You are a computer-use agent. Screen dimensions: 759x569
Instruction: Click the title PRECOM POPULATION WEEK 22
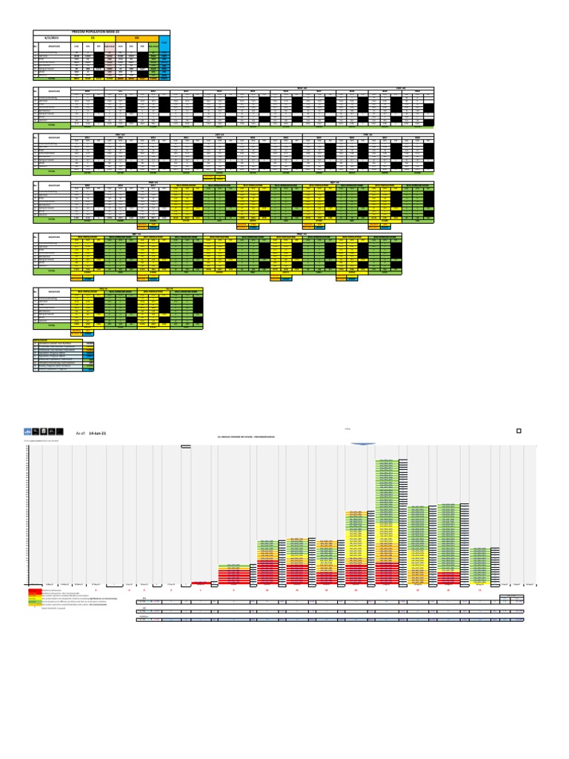pyautogui.click(x=102, y=33)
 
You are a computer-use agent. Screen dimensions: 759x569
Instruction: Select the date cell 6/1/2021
pyautogui.click(x=52, y=39)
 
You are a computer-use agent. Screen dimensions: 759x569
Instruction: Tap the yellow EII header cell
pyautogui.click(x=93, y=39)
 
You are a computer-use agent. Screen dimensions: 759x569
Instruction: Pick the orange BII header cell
pyautogui.click(x=136, y=39)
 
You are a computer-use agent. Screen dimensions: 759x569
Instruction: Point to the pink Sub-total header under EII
pyautogui.click(x=110, y=46)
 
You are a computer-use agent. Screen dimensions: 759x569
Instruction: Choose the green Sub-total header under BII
pyautogui.click(x=153, y=46)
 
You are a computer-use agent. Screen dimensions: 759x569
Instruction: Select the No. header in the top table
pyautogui.click(x=35, y=46)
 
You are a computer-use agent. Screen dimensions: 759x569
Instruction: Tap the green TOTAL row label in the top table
pyautogui.click(x=51, y=77)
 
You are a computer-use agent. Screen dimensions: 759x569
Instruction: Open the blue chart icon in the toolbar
pyautogui.click(x=28, y=431)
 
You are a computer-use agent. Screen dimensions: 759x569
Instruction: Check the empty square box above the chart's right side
pyautogui.click(x=519, y=431)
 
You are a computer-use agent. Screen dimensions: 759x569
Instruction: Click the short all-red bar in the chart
pyautogui.click(x=201, y=583)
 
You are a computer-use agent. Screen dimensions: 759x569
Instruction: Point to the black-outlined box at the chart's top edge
pyautogui.click(x=186, y=446)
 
